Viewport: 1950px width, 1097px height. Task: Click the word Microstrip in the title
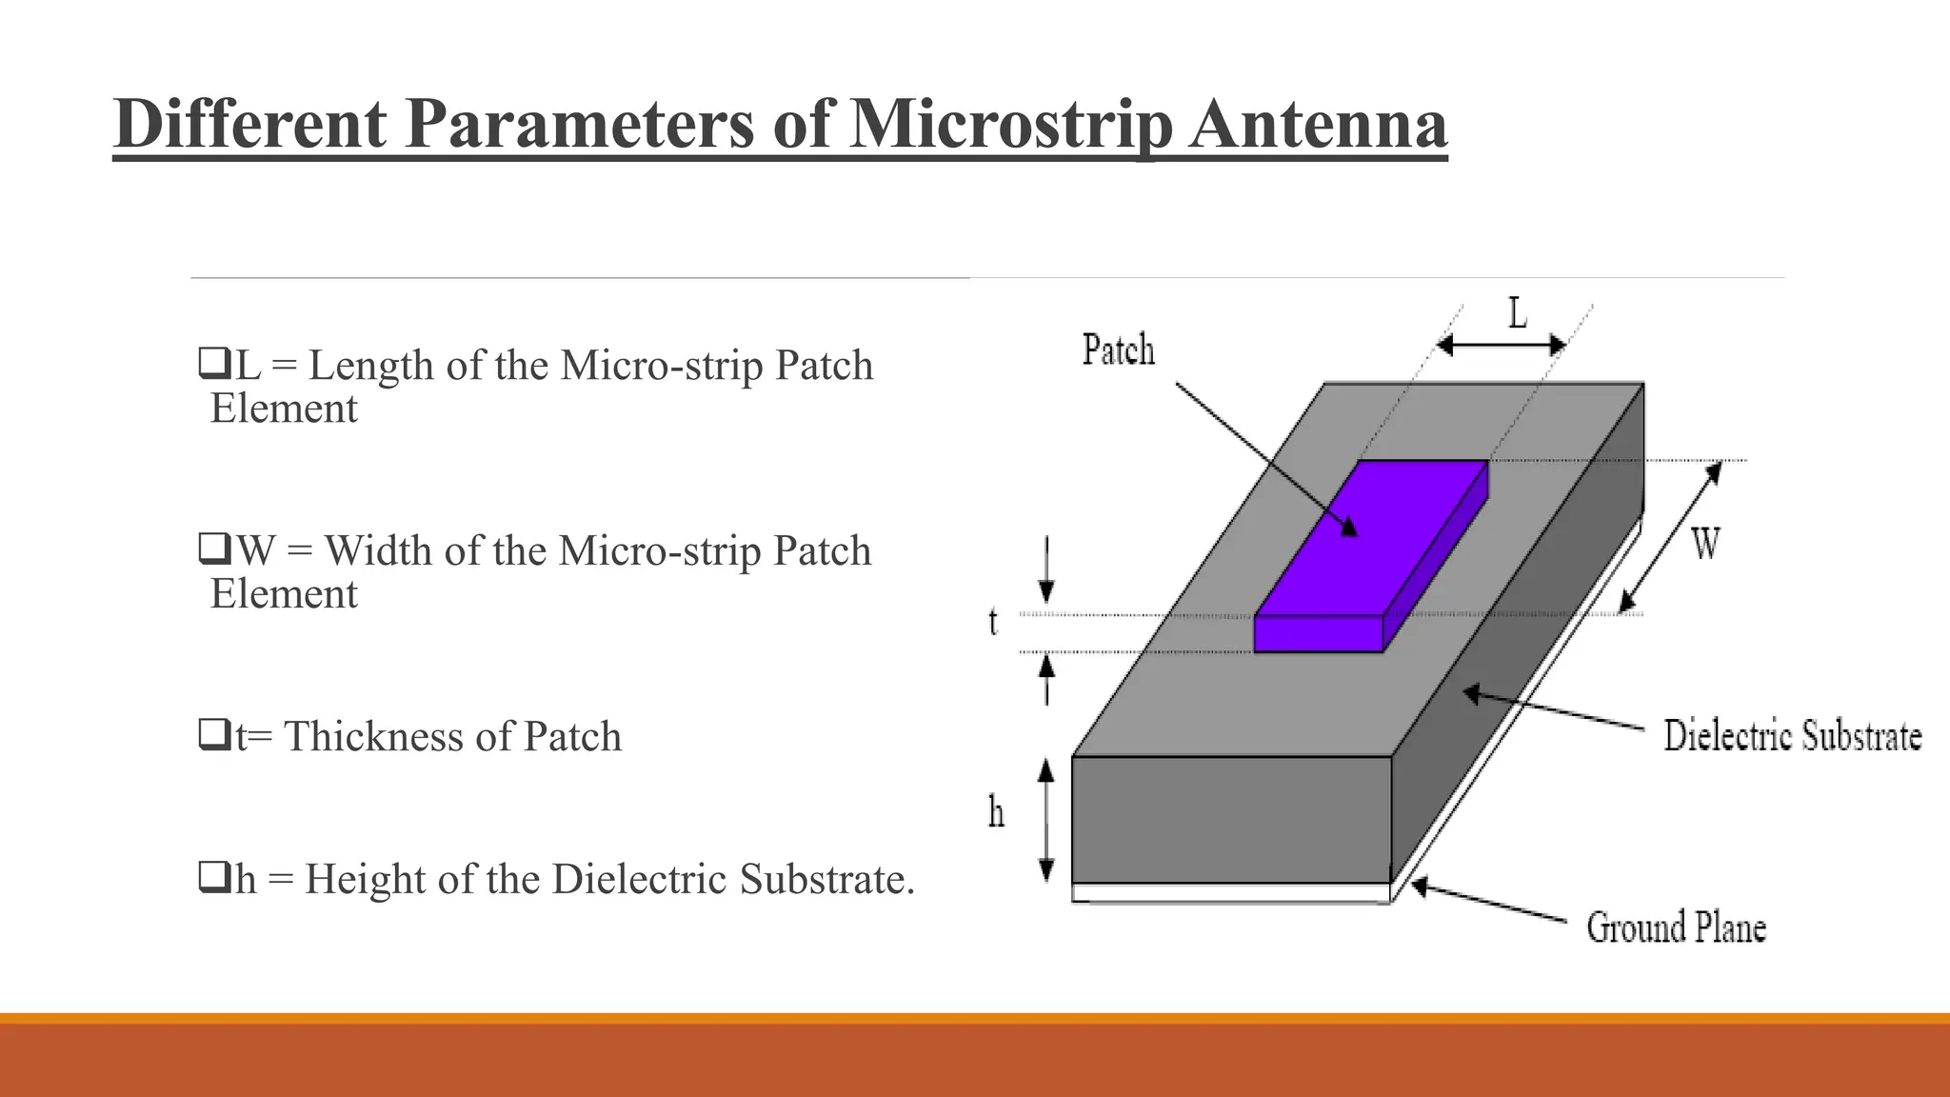(x=1009, y=125)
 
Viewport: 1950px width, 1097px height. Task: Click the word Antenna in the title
(x=1318, y=125)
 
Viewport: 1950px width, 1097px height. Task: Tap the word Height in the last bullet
(x=367, y=878)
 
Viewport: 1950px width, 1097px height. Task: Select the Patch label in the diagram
(x=1118, y=349)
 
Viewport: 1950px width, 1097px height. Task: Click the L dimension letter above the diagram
(x=1517, y=312)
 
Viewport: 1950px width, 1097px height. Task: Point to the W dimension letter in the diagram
(x=1705, y=545)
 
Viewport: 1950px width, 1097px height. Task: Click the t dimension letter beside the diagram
(x=993, y=622)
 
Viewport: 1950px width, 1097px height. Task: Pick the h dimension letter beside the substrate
(x=996, y=812)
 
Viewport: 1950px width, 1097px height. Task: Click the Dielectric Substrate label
(x=1792, y=736)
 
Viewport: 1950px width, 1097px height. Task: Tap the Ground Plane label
(x=1676, y=927)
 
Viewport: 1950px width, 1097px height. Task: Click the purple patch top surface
(x=1371, y=538)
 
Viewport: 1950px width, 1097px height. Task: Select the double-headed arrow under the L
(x=1501, y=346)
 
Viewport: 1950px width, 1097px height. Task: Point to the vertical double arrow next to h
(x=1046, y=820)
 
